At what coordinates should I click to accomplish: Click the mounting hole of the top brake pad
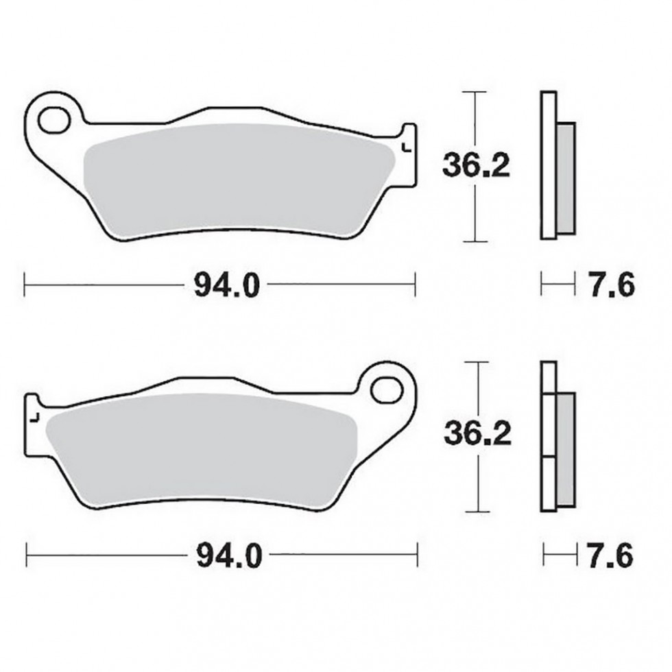(x=53, y=121)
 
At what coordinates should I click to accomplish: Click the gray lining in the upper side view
(x=564, y=176)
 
